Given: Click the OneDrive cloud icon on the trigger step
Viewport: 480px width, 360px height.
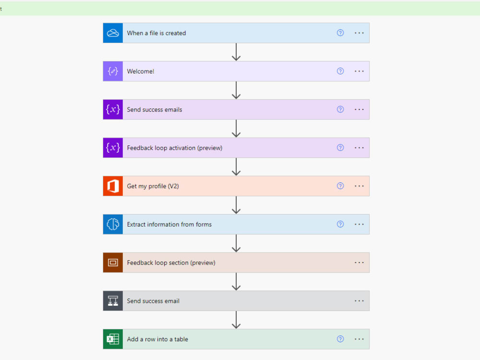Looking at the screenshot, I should [113, 33].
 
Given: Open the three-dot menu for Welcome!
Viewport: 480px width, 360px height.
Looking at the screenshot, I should [359, 71].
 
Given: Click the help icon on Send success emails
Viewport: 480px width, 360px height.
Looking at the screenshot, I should [340, 109].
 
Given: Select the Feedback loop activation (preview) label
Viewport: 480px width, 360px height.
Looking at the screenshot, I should [174, 148].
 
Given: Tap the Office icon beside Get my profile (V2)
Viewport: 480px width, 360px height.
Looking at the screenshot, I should [113, 186].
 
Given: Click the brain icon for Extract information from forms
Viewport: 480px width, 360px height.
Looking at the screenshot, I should [113, 224].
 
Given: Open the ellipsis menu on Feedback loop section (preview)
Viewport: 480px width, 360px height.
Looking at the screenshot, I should [359, 263].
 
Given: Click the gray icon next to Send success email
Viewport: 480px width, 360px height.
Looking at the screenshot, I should [113, 301].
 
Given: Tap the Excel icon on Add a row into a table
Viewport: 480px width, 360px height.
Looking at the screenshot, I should [113, 339].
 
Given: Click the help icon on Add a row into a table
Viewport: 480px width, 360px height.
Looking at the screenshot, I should [340, 339].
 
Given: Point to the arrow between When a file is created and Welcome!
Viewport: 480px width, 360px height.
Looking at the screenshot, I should [236, 52].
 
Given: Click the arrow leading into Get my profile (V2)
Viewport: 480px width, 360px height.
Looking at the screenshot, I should [236, 167].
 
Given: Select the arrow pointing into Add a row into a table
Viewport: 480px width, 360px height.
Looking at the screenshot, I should [236, 320].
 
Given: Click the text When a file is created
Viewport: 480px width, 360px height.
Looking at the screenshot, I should [156, 33].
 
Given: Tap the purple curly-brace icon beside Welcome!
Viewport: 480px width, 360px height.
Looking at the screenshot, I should [113, 71].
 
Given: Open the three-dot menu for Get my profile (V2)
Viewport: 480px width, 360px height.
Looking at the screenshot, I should [359, 186].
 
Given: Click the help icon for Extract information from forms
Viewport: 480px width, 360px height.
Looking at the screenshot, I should [340, 224].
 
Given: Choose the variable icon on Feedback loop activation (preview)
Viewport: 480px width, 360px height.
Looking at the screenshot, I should [113, 148].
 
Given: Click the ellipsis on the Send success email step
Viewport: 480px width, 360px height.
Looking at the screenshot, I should [359, 301].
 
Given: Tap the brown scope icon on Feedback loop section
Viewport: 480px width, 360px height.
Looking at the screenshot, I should [113, 263].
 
